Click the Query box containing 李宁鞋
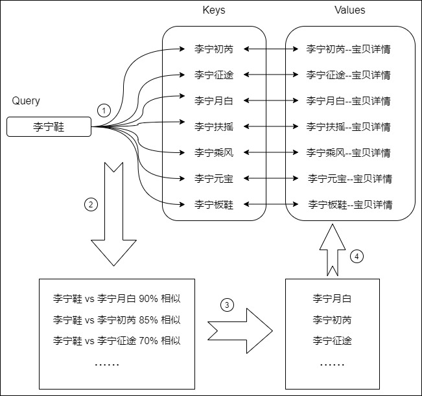(x=49, y=127)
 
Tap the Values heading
(x=349, y=10)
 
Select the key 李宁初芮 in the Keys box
(x=214, y=49)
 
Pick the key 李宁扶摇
(x=214, y=127)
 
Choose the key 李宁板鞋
(x=214, y=205)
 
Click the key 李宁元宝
(x=214, y=179)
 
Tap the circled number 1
(x=103, y=110)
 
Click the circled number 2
(x=91, y=205)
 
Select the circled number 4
(x=357, y=256)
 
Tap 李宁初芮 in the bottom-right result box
(x=332, y=320)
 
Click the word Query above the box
(x=26, y=101)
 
